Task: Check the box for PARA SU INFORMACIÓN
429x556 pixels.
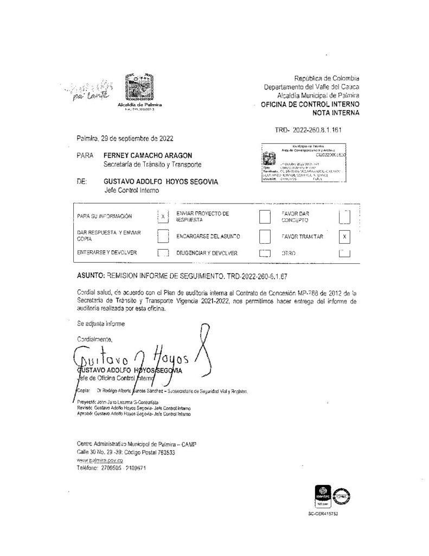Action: tap(163, 216)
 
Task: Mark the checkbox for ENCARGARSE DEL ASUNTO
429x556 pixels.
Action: tap(265, 237)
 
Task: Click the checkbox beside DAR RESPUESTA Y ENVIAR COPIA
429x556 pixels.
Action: tap(163, 236)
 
